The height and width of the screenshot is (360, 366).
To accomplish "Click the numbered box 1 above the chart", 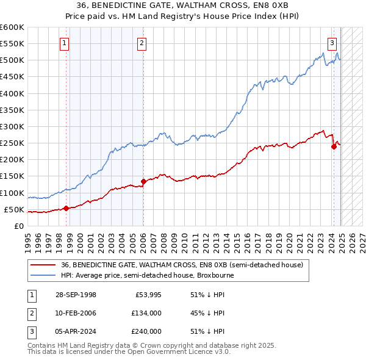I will (x=64, y=43).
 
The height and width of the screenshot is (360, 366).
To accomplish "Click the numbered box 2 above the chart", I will (x=142, y=43).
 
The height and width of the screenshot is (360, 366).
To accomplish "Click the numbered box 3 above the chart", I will (x=332, y=43).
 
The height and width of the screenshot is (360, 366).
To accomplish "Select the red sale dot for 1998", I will (x=66, y=208).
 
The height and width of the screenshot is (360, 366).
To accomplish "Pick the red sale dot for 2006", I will (x=143, y=181).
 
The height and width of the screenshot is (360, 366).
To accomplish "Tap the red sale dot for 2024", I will (x=334, y=146).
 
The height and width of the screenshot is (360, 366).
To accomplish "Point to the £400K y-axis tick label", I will (x=12, y=93).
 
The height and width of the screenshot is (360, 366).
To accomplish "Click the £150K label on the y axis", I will (x=12, y=176).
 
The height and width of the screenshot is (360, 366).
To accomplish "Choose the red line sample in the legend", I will (x=43, y=265).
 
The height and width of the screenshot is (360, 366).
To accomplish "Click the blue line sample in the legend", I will (x=43, y=275).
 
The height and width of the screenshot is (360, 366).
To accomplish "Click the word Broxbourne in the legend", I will (x=213, y=275).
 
